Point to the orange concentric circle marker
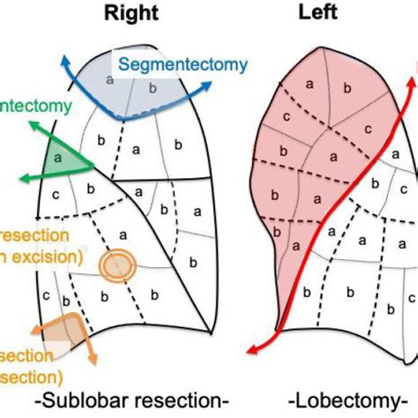click(116, 264)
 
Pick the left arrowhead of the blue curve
click(64, 63)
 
